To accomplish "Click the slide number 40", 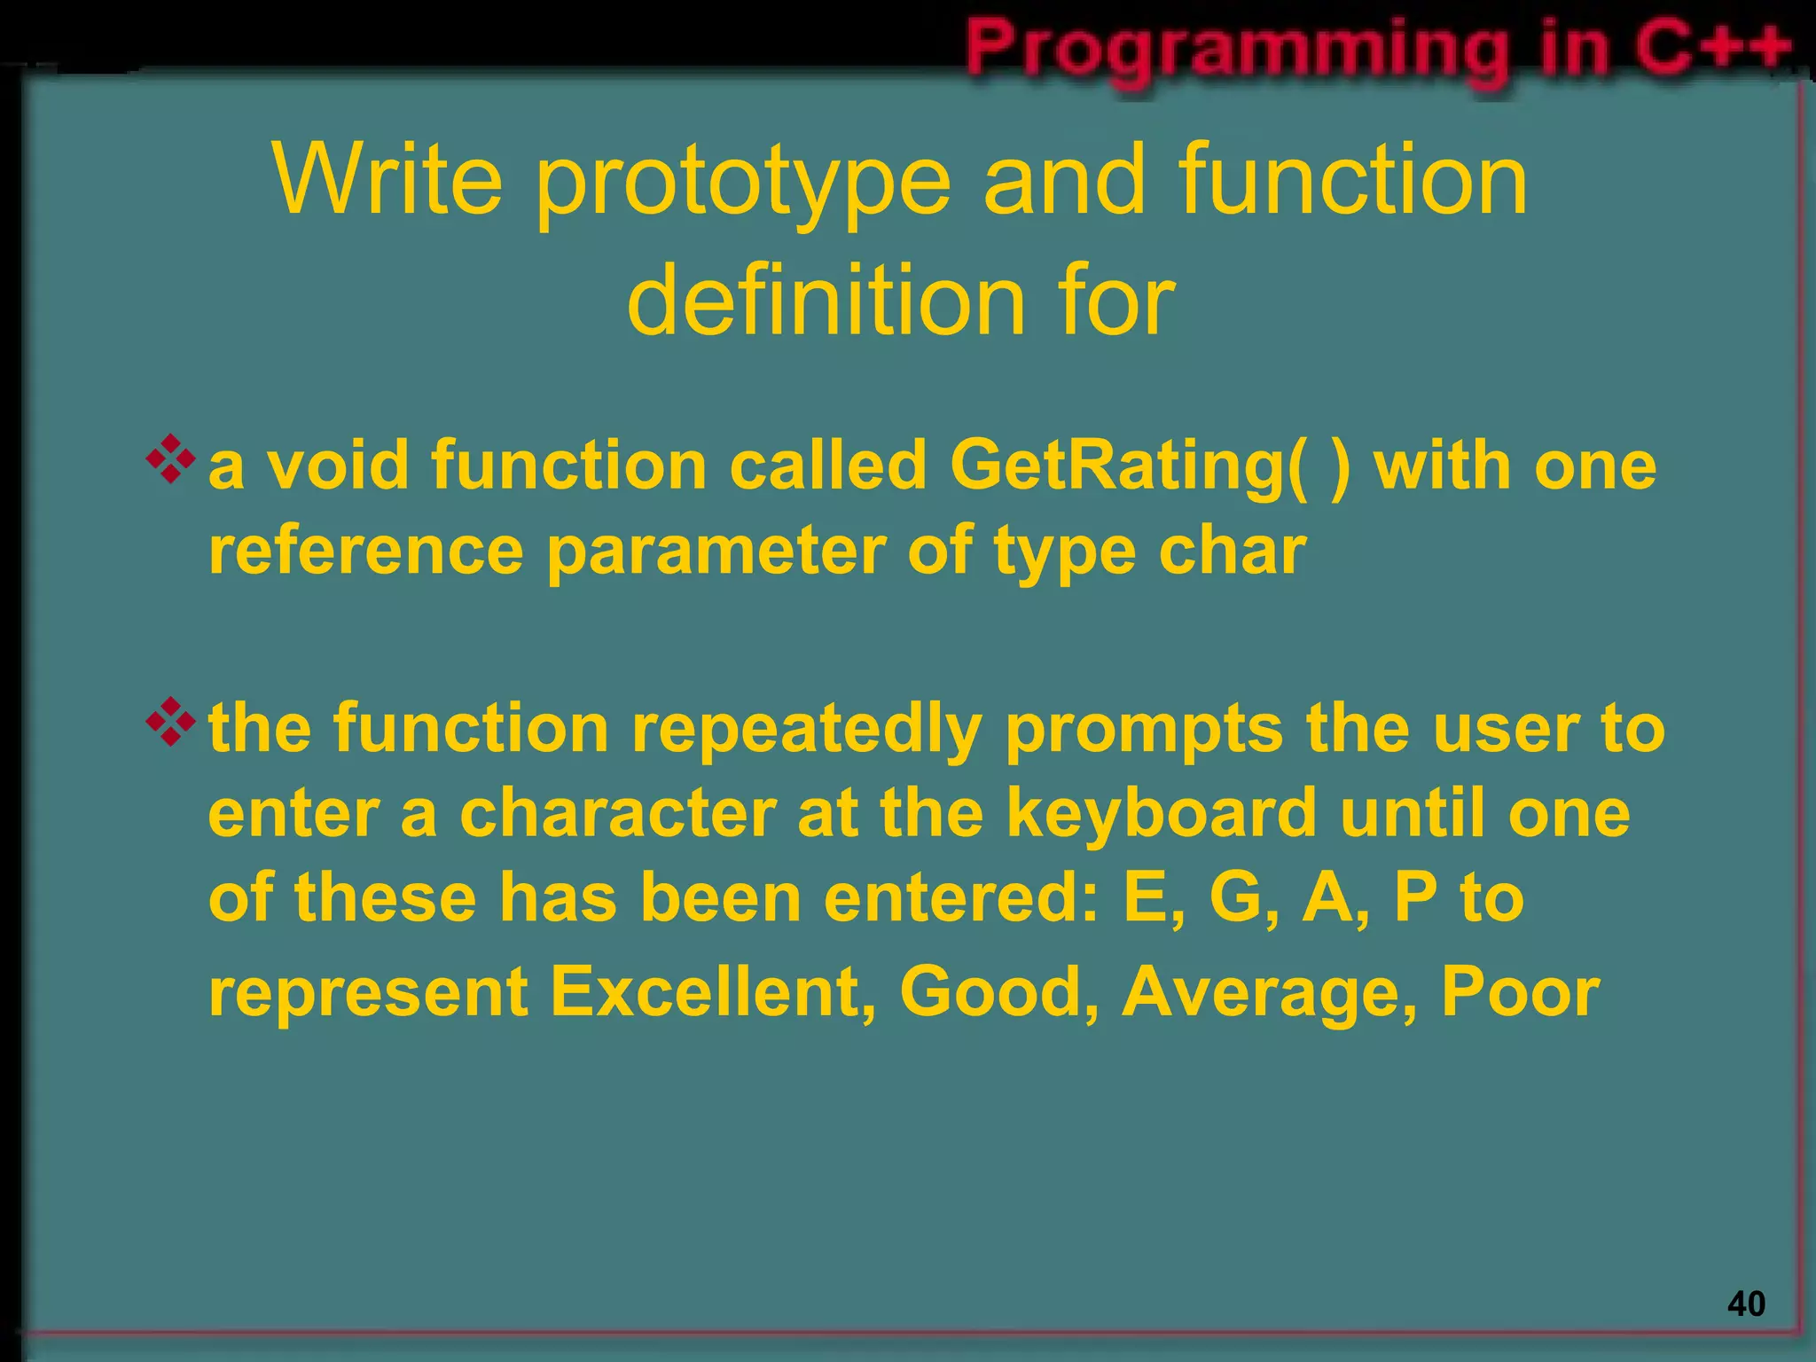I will (1746, 1304).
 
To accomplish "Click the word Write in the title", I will (387, 180).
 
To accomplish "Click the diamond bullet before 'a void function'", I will (170, 459).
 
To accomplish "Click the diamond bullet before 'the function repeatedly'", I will (170, 722).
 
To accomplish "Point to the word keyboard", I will (1162, 814).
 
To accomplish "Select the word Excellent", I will (713, 991).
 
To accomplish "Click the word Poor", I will (1520, 991).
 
